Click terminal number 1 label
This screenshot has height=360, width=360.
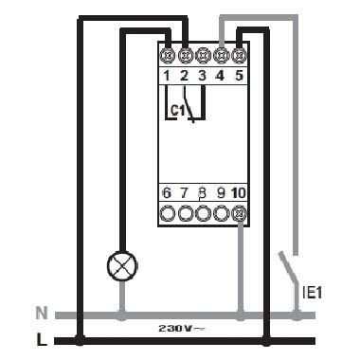coord(168,74)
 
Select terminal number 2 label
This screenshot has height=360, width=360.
coord(186,74)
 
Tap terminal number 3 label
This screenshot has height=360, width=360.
coord(203,74)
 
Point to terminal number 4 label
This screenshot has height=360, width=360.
coord(221,74)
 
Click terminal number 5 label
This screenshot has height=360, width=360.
coord(239,74)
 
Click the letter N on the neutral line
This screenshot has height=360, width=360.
coord(41,312)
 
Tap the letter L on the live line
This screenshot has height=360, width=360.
coord(41,336)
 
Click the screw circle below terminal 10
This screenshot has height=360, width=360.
coord(239,213)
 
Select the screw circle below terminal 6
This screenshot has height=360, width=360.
coord(168,213)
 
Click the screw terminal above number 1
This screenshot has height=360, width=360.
coord(168,55)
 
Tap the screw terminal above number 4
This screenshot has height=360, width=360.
coord(221,55)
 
